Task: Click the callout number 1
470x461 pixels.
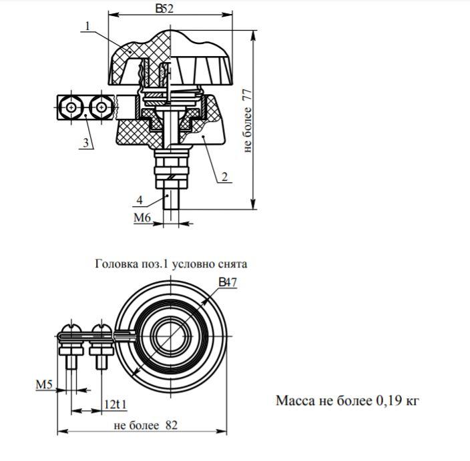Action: (87, 26)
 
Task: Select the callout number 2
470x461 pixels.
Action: (225, 177)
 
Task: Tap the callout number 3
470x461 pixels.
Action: (86, 143)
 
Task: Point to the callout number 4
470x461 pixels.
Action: (140, 200)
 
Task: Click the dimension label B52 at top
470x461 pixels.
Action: (164, 9)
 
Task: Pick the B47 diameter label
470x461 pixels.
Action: (228, 282)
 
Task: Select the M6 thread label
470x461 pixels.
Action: (142, 217)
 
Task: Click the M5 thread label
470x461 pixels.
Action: (44, 384)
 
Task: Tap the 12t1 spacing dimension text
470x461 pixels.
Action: (115, 405)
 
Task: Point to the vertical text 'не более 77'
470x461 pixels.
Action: (248, 120)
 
